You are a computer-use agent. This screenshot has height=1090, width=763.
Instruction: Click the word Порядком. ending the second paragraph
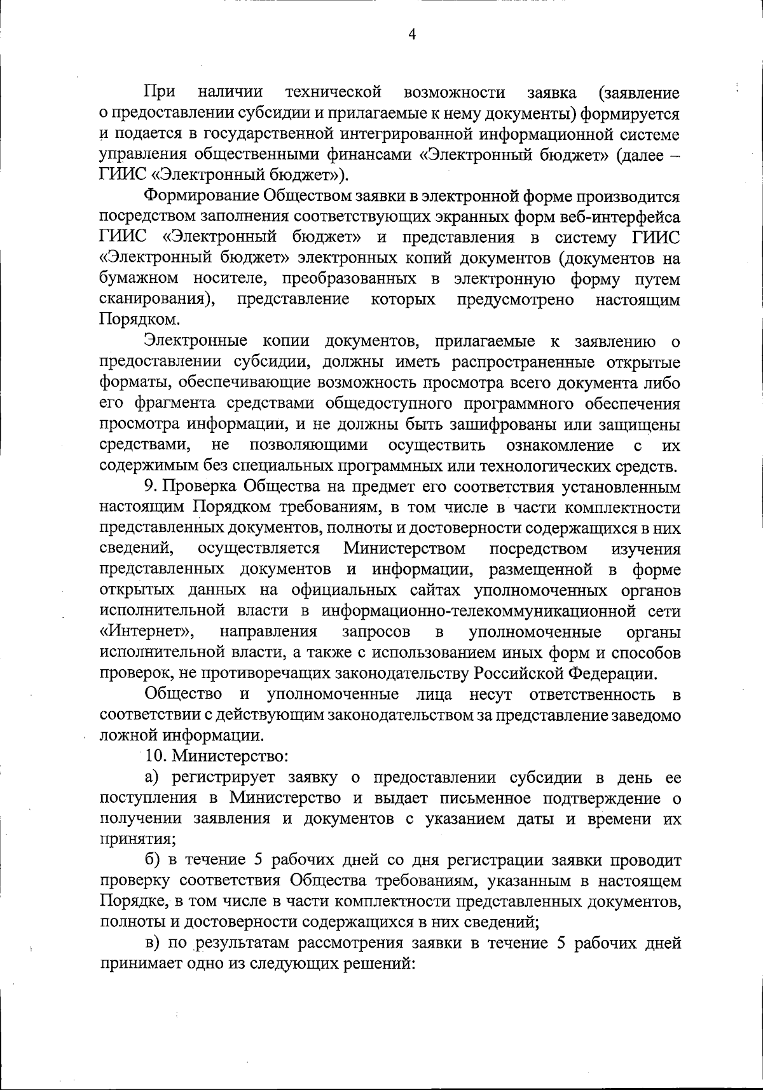(131, 320)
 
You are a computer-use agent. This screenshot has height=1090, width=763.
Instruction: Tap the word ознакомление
(560, 444)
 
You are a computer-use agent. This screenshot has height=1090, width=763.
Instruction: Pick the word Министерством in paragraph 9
(404, 548)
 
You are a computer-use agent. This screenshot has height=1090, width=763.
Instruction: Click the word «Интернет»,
(147, 632)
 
